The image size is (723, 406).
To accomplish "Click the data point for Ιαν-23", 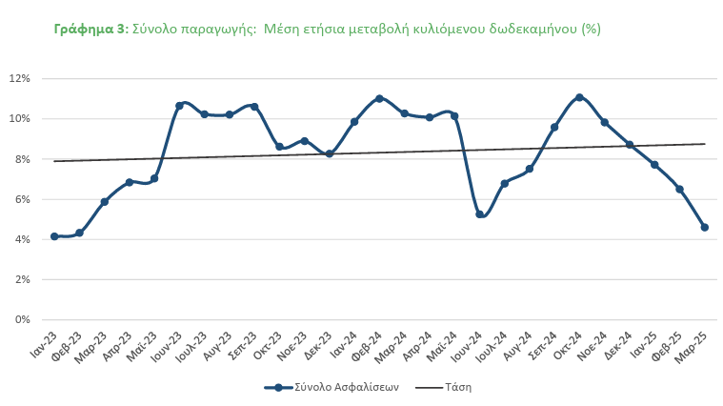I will (54, 236).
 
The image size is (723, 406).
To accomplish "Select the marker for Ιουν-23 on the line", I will (179, 106).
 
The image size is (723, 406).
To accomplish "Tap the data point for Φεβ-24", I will (379, 98).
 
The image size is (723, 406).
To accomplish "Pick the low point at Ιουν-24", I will (480, 214).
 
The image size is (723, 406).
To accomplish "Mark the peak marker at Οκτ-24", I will (579, 97).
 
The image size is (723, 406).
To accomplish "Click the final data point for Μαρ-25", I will (705, 227).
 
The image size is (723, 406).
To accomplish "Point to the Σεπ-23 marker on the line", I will (254, 107).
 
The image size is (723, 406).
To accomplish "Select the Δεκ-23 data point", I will (330, 153).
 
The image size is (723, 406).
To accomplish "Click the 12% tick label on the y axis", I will (21, 78).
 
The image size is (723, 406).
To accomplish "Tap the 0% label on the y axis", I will (24, 319).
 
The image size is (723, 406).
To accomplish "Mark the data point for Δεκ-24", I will (630, 145).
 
